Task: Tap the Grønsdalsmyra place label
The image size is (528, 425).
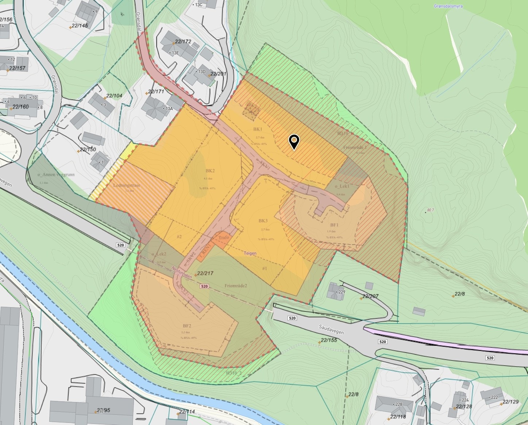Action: click(x=448, y=6)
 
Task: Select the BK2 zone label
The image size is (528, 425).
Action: click(x=210, y=171)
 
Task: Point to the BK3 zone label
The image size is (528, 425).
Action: click(x=263, y=221)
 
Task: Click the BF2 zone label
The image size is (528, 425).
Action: click(x=187, y=326)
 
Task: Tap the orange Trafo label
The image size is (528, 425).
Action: click(x=224, y=237)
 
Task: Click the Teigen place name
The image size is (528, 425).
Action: click(x=250, y=253)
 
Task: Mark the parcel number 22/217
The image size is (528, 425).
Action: click(x=205, y=273)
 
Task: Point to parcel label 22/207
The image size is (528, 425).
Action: click(x=371, y=296)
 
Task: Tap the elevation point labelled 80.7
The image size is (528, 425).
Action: click(x=430, y=210)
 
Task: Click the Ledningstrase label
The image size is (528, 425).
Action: click(x=127, y=185)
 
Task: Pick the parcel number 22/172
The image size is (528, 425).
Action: click(x=183, y=42)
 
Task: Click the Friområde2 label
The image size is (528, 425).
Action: click(x=236, y=286)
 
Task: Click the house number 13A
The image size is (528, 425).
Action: click(x=169, y=108)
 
